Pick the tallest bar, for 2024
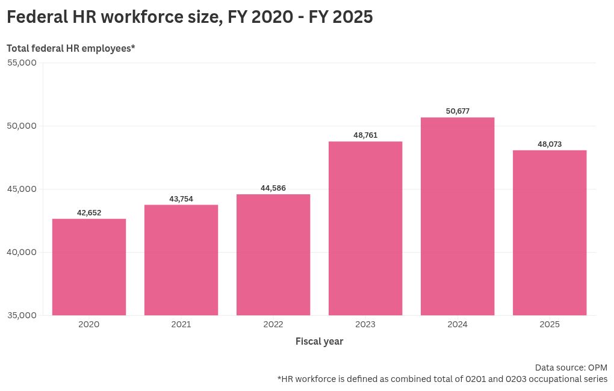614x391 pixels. pos(457,216)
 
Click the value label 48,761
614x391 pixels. pos(365,135)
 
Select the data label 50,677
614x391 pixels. pos(457,111)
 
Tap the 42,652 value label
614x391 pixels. pos(89,212)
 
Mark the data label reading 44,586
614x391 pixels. pos(273,188)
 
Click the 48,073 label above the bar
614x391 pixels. pos(550,144)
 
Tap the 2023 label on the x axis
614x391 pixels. pos(365,325)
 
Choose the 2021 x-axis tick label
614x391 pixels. pos(181,325)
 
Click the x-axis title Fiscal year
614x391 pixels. pos(319,342)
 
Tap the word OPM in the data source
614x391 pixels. pos(597,368)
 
